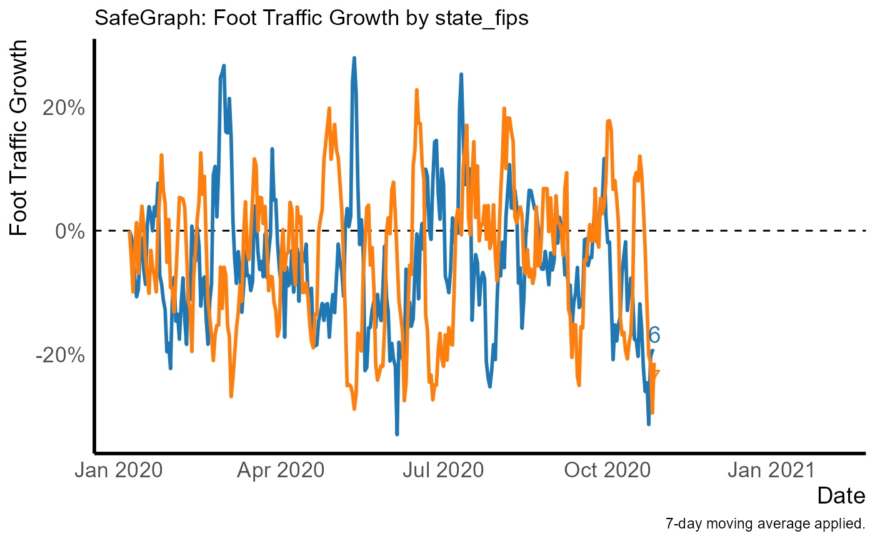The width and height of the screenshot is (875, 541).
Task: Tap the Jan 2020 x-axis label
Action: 119,470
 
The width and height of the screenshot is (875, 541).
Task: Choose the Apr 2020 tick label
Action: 281,470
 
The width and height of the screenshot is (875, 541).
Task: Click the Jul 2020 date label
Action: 443,470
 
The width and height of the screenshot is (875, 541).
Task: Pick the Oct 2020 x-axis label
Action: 607,470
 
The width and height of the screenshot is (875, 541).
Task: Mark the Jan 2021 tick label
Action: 771,470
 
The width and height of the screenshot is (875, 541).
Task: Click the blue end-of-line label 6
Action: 654,335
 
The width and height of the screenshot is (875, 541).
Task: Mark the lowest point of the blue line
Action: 397,434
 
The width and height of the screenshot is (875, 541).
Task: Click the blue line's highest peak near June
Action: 354,57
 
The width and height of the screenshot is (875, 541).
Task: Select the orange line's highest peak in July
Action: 416,91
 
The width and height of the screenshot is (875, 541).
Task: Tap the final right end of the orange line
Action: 659,371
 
